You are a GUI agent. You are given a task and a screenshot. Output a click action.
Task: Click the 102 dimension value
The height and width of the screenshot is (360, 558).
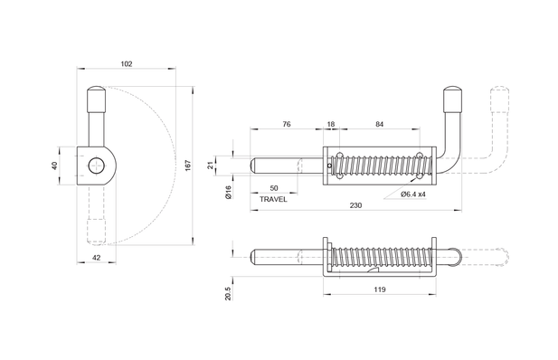tap(127, 64)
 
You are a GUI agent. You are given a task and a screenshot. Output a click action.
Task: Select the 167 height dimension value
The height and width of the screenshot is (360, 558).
tap(189, 166)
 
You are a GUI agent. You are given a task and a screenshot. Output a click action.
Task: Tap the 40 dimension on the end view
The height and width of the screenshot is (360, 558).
tap(55, 166)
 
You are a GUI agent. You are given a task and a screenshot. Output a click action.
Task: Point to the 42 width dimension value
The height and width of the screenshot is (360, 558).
tap(97, 258)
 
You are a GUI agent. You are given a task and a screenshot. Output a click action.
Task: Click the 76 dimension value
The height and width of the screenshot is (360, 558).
tap(287, 124)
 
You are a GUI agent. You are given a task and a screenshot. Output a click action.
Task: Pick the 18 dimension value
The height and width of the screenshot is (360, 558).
tap(331, 124)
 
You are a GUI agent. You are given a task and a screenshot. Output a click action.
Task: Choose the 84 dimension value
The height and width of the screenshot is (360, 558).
tap(380, 124)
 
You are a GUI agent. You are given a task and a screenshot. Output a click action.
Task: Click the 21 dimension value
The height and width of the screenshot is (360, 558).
tap(211, 166)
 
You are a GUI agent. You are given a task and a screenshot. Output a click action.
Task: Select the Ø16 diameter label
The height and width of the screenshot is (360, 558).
tap(228, 192)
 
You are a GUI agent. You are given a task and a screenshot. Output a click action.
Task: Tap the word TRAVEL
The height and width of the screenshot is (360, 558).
tap(273, 199)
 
